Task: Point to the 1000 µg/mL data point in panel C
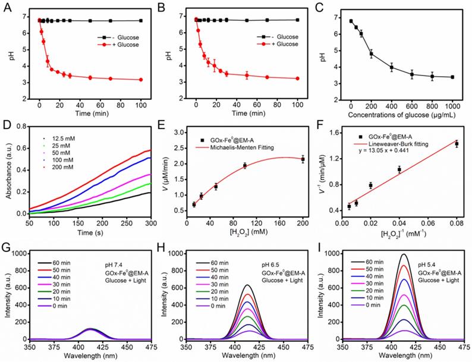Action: click(x=453, y=77)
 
